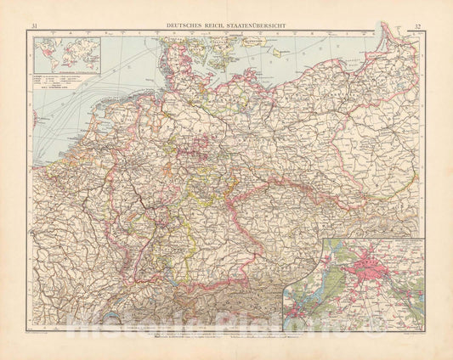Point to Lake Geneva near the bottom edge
[x=85, y=319]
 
